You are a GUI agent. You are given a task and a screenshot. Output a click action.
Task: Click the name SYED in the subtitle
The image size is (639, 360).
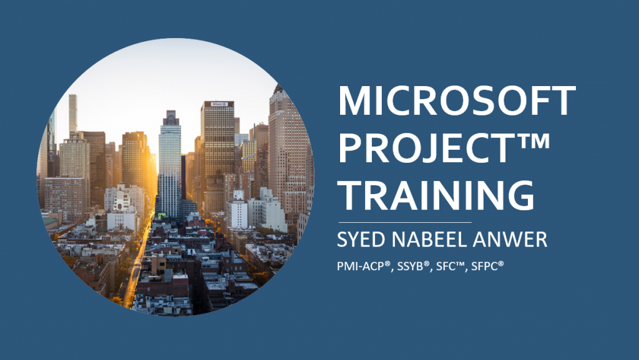click(x=361, y=240)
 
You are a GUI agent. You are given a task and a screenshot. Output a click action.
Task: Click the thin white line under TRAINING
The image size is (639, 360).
click(x=405, y=222)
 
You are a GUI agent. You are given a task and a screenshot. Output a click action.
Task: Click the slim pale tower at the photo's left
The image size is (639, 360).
click(x=73, y=114)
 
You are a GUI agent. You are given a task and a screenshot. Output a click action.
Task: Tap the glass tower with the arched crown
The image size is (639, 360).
click(x=170, y=163)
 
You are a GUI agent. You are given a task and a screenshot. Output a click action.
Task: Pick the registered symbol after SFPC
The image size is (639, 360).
click(x=501, y=263)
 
